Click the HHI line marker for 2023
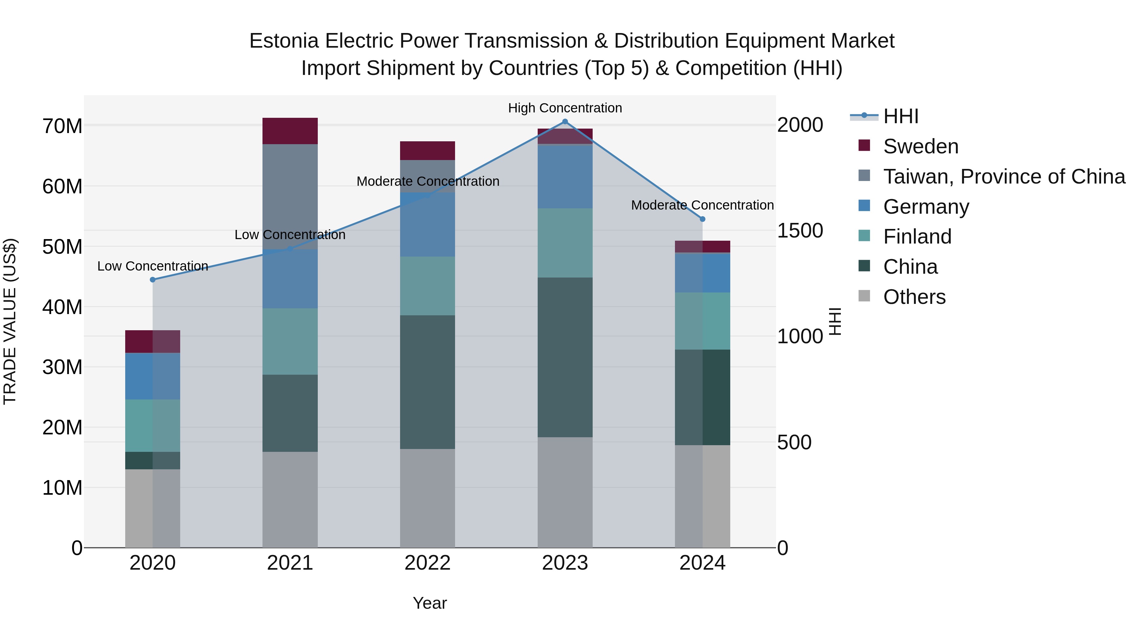[x=565, y=122]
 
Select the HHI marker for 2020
[x=153, y=279]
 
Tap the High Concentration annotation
[x=565, y=108]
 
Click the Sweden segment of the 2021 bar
[x=290, y=131]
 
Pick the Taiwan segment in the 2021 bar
[x=290, y=195]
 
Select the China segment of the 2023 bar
[x=565, y=357]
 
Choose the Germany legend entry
[x=926, y=207]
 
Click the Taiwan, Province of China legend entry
[x=1004, y=177]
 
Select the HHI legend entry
[x=900, y=116]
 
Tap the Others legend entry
[x=914, y=297]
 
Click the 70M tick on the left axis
[x=62, y=126]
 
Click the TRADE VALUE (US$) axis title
[x=10, y=321]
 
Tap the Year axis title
[x=429, y=603]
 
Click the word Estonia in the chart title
[x=284, y=41]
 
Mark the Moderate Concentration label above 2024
[x=702, y=205]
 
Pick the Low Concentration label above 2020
[x=153, y=266]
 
